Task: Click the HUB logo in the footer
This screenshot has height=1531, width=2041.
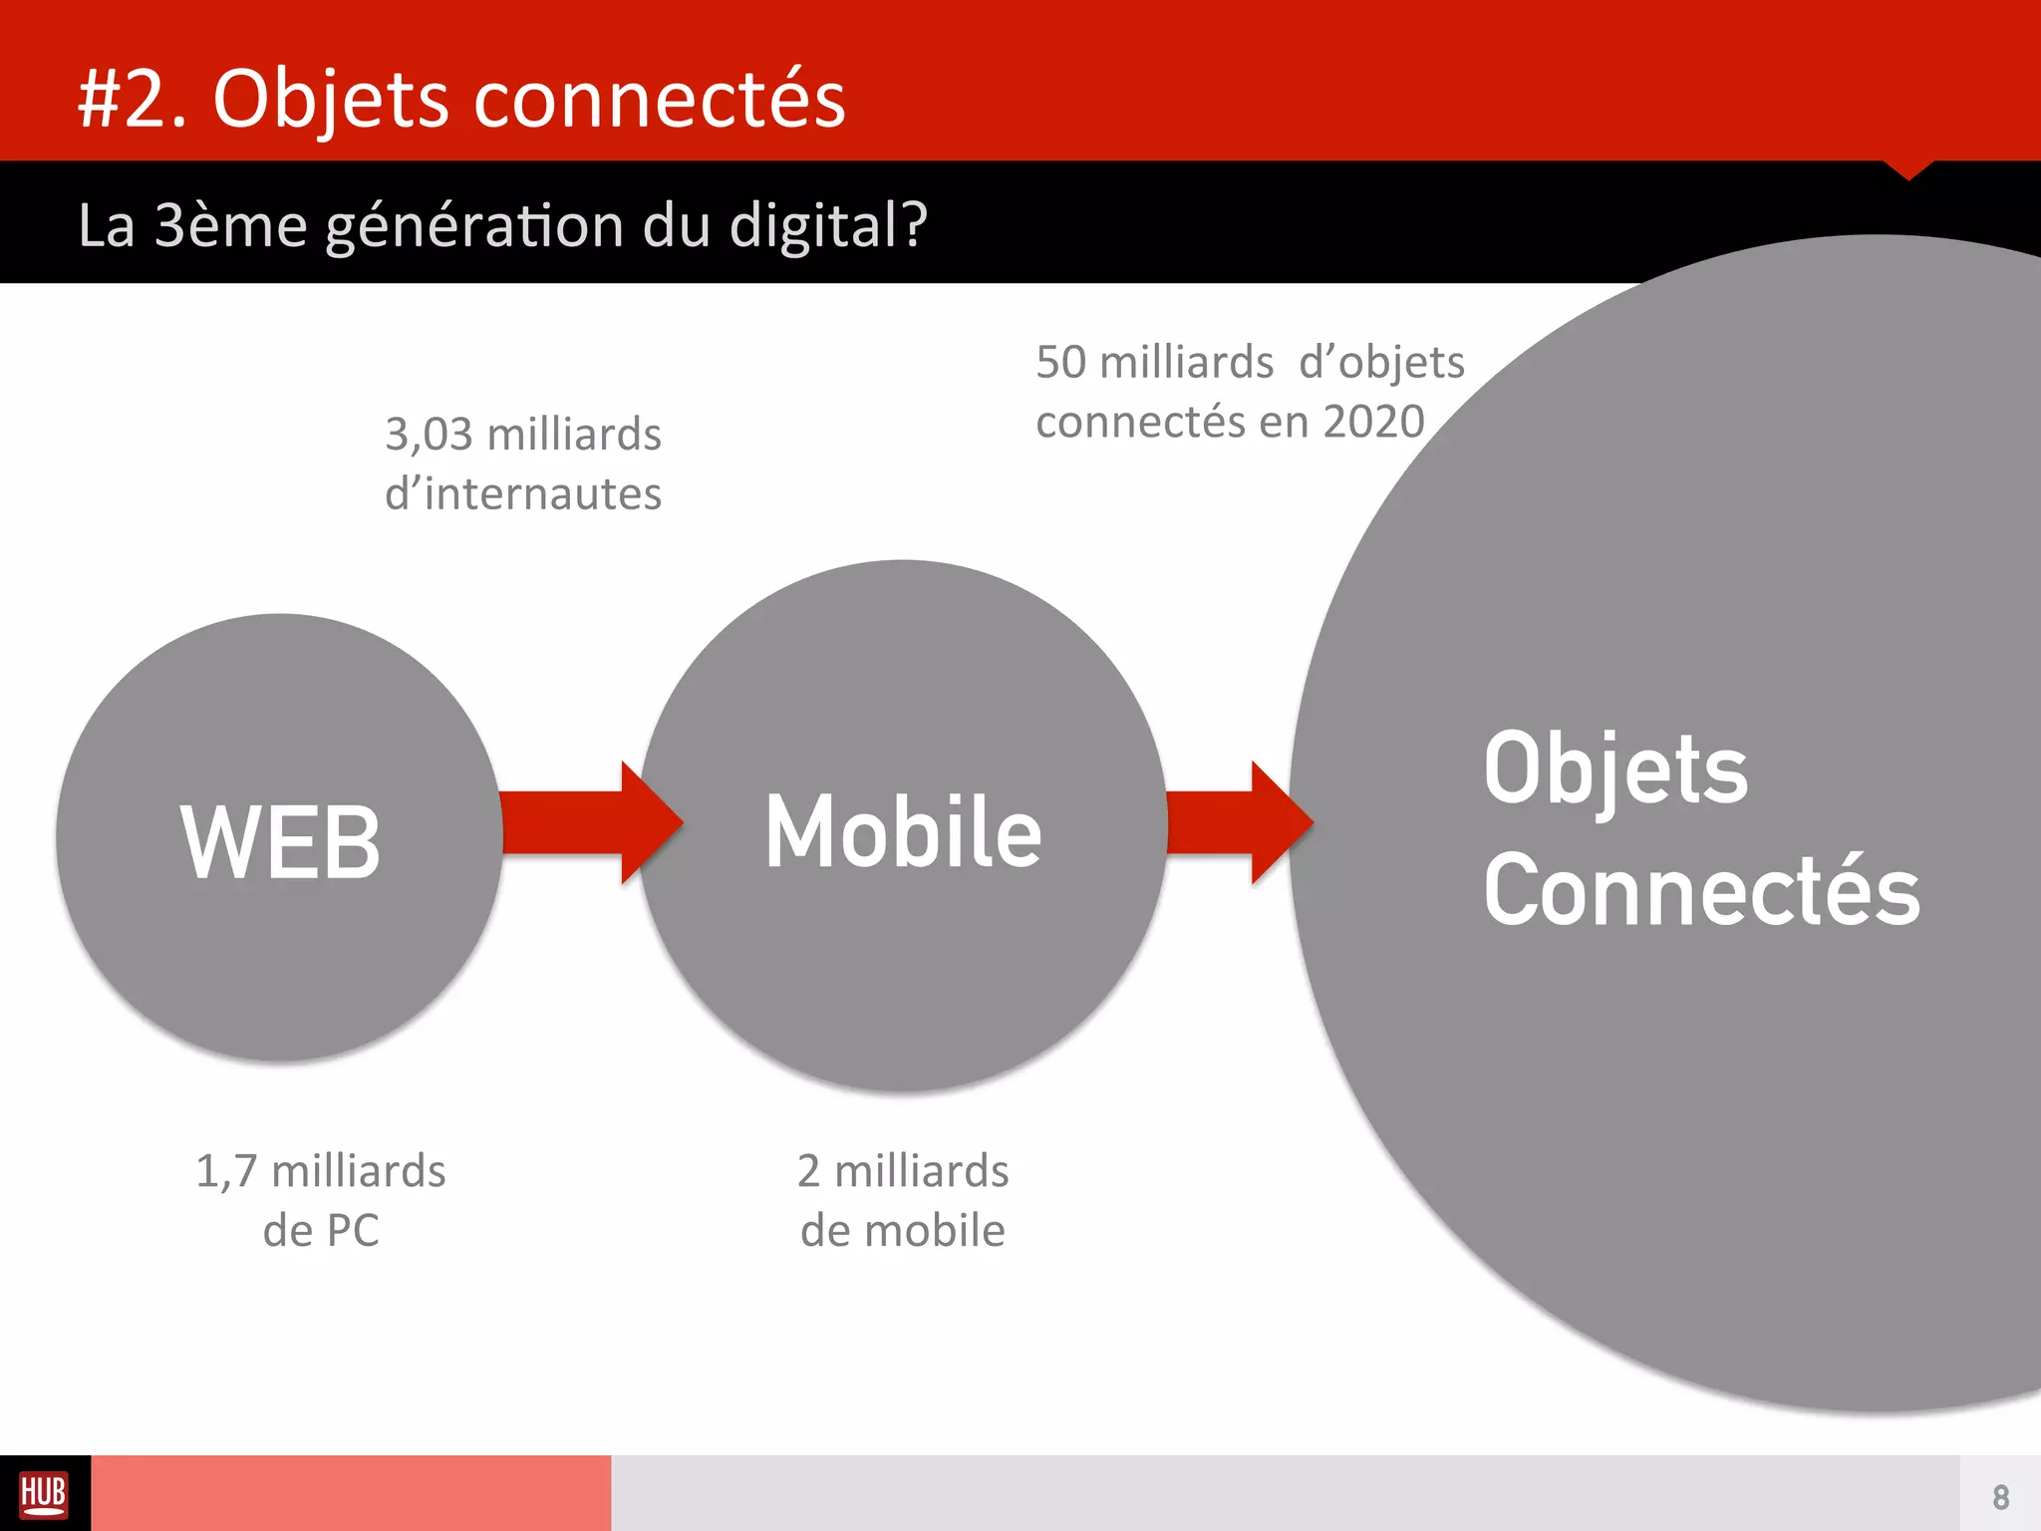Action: point(44,1494)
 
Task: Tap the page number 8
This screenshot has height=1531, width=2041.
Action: point(2000,1497)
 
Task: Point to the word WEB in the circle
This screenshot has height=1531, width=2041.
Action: point(280,842)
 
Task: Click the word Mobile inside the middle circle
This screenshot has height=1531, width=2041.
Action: point(903,832)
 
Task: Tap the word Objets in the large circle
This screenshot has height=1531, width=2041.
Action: point(1615,769)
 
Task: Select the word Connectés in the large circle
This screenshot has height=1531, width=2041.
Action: point(1701,890)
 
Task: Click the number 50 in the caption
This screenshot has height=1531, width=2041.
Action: point(1060,362)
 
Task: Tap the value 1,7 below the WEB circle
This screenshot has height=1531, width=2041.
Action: point(226,1172)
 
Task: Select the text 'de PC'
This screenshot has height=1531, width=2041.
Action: point(321,1231)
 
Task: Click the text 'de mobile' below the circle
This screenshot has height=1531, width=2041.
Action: point(903,1231)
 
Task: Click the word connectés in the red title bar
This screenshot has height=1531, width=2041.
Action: point(659,100)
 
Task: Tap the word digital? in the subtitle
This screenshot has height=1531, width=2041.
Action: point(828,225)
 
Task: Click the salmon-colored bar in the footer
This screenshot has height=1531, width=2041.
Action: point(351,1493)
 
